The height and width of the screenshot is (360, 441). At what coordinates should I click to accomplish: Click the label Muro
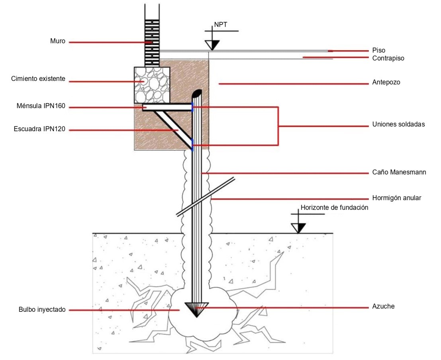58,41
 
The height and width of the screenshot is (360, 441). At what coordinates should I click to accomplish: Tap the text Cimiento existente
38,79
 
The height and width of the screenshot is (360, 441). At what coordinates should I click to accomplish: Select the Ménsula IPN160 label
41,106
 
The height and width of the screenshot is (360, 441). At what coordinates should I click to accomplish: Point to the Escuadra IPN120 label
39,129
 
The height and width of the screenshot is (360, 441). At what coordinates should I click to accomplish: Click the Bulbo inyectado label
42,310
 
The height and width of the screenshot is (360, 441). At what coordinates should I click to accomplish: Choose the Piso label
379,50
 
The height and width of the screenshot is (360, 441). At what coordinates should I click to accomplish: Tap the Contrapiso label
388,58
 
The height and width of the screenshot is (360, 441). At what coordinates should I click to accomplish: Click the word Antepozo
386,83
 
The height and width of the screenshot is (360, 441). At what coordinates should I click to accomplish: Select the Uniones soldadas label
398,124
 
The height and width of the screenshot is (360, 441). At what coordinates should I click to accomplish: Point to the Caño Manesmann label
399,172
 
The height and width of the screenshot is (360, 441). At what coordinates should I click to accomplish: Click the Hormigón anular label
397,198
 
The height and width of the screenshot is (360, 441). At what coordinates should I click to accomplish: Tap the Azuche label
383,306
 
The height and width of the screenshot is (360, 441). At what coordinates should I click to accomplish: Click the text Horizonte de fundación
334,208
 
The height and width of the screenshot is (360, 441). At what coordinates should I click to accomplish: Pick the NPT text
221,25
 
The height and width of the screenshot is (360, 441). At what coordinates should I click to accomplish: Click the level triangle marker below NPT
212,45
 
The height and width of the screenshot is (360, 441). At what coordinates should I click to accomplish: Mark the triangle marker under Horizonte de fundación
298,228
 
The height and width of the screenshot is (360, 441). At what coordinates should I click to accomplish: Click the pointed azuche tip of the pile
196,317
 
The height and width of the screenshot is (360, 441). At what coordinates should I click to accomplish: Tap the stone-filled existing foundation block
152,85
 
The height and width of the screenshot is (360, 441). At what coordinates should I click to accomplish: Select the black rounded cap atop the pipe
197,94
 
